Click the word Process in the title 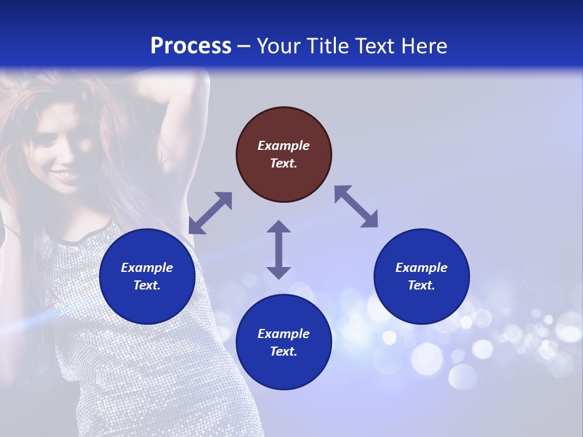pos(191,46)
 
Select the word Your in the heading pos(280,46)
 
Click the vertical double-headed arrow pos(279,249)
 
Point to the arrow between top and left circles pos(211,212)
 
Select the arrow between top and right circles pos(356,206)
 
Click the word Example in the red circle pos(284,146)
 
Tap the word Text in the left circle pos(147,285)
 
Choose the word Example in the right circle pos(421,268)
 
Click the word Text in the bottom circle pos(284,351)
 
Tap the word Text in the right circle pos(421,285)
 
